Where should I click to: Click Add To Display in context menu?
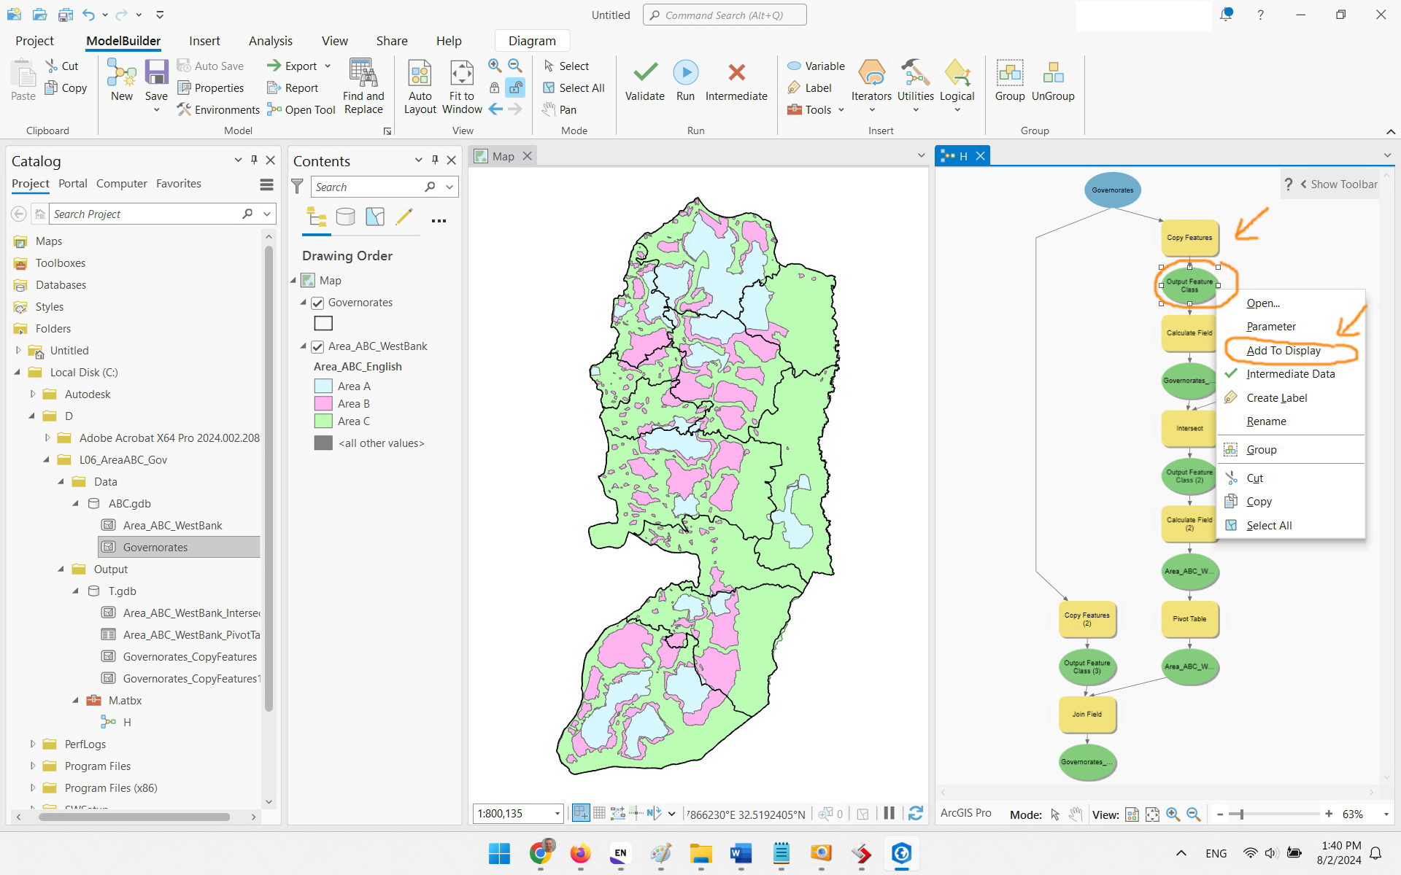[1283, 351]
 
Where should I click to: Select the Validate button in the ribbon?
[644, 80]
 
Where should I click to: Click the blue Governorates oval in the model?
[1112, 190]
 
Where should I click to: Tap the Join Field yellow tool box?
[1087, 715]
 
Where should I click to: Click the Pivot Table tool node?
[1189, 619]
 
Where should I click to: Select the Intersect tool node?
[1189, 429]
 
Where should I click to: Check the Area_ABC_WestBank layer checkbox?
[317, 346]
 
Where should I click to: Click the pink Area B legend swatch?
[323, 403]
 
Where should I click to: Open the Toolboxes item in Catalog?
[61, 263]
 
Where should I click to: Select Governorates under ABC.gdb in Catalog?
[155, 548]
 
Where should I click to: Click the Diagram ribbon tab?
[531, 41]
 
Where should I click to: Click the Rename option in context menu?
[1266, 421]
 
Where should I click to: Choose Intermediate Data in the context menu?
[1290, 374]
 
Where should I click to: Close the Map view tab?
[528, 156]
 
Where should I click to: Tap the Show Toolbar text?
[1343, 184]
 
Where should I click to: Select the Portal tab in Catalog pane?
[72, 184]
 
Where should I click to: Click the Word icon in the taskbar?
[741, 853]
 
